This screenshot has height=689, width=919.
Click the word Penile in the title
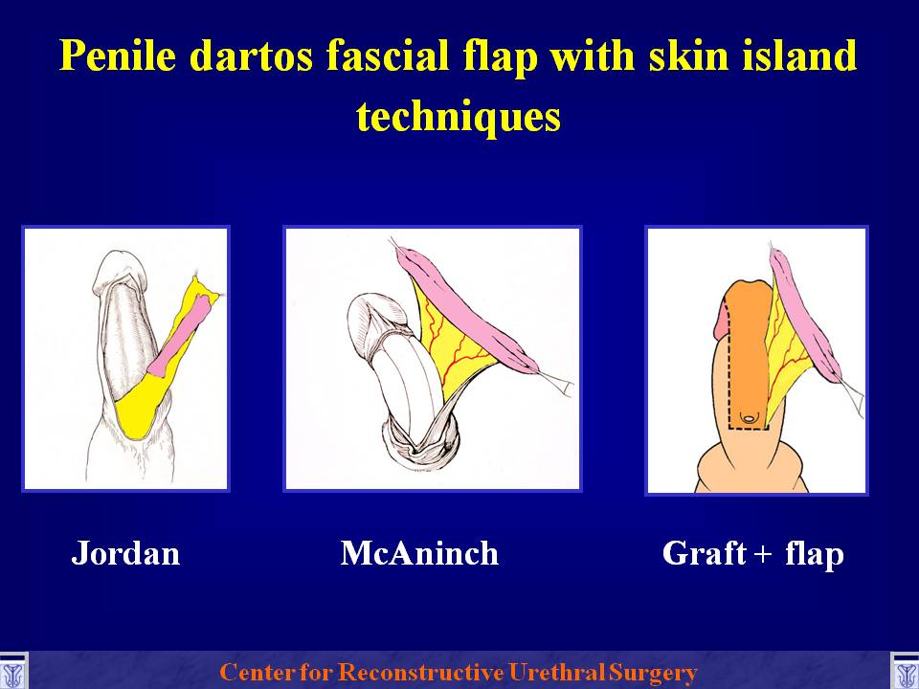click(117, 56)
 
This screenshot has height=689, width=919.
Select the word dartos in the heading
click(251, 56)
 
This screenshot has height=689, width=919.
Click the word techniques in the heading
click(459, 116)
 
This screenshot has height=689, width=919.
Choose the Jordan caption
click(125, 553)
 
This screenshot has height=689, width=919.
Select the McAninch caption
click(419, 553)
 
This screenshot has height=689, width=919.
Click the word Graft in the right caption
click(705, 553)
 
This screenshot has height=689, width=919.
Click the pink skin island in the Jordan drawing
click(179, 340)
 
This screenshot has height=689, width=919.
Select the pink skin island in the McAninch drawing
click(469, 310)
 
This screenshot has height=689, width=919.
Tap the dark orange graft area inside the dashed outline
click(746, 364)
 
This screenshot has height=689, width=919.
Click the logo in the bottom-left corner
click(13, 672)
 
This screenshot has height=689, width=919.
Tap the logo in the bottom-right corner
click(905, 672)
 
